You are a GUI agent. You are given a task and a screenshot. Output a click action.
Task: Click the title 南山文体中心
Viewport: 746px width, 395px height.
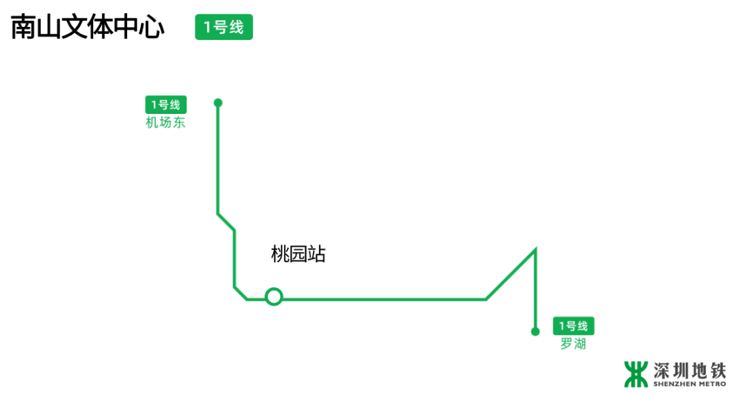(x=88, y=28)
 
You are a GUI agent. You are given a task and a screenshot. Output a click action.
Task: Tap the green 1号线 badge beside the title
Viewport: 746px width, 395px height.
(x=224, y=28)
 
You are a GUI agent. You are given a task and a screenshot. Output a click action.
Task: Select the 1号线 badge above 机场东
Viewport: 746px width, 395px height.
(x=166, y=105)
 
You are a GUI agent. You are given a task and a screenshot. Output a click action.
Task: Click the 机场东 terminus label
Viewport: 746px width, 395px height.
(x=166, y=123)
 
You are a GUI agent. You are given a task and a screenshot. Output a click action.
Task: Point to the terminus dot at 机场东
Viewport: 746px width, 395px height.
(x=218, y=103)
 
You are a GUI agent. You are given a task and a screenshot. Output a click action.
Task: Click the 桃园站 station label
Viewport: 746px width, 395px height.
(x=298, y=254)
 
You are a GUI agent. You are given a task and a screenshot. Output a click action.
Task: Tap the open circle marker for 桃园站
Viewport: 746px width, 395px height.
(x=274, y=297)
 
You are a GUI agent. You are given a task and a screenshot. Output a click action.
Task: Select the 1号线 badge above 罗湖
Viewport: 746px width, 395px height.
(x=573, y=326)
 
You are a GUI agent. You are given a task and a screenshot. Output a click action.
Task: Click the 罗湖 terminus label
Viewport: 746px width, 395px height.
(x=573, y=344)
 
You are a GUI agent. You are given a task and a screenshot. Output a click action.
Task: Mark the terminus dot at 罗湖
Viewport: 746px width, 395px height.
(x=535, y=331)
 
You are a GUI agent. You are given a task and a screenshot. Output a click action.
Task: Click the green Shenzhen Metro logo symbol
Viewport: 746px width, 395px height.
(x=636, y=374)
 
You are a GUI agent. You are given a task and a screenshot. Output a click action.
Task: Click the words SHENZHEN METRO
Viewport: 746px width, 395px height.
(x=689, y=384)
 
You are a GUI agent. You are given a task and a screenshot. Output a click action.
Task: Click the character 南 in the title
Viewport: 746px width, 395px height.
(x=24, y=28)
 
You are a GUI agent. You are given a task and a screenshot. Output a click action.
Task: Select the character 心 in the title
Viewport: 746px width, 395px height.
(x=151, y=28)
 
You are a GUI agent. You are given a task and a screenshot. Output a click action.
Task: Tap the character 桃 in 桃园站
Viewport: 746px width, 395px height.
(x=280, y=254)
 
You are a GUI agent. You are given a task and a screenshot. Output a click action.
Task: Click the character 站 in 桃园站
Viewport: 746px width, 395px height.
(x=317, y=254)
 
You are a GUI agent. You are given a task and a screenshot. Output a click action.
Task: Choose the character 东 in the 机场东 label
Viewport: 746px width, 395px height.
(x=179, y=123)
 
